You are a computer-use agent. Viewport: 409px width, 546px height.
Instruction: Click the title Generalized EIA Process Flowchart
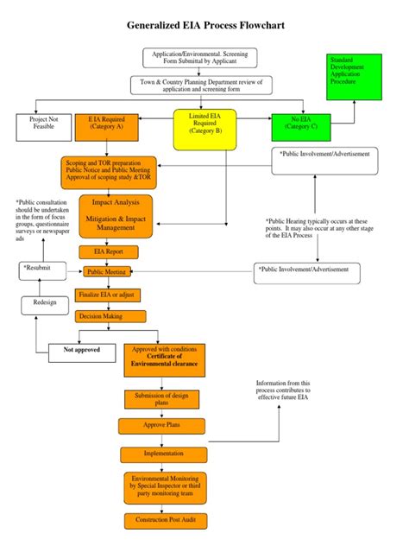204,28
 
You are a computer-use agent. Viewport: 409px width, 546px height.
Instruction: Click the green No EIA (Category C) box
300,126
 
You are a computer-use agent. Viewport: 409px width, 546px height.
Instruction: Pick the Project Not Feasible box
42,126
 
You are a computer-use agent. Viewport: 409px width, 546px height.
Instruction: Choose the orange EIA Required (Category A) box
106,126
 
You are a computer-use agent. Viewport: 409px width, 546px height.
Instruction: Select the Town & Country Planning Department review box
199,85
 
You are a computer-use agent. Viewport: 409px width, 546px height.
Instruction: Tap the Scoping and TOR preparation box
109,172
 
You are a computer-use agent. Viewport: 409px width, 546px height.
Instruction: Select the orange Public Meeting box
105,271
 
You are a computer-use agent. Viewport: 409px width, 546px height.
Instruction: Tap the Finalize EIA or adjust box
108,295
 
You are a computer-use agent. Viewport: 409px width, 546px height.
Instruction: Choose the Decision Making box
101,316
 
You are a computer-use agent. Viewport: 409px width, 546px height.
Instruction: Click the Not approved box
81,350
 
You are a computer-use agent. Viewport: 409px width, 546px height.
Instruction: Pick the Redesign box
45,304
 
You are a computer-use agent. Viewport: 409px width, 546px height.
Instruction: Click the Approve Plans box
161,425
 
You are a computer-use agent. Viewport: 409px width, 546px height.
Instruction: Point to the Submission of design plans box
161,399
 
